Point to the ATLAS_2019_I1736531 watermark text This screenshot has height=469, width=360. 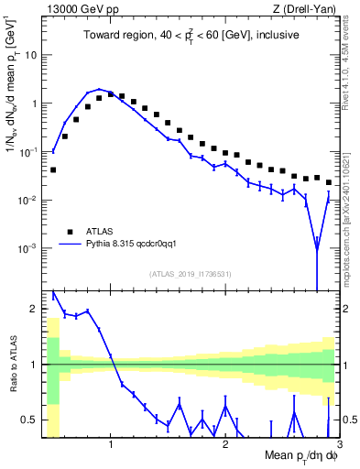pyautogui.click(x=191, y=274)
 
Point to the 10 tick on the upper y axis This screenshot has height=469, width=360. pyautogui.click(x=30, y=55)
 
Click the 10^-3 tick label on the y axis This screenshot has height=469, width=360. pyautogui.click(x=27, y=249)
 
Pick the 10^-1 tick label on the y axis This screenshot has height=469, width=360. pyautogui.click(x=27, y=152)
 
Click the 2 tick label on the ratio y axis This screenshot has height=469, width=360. pyautogui.click(x=34, y=310)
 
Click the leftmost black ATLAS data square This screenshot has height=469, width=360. pyautogui.click(x=53, y=169)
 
